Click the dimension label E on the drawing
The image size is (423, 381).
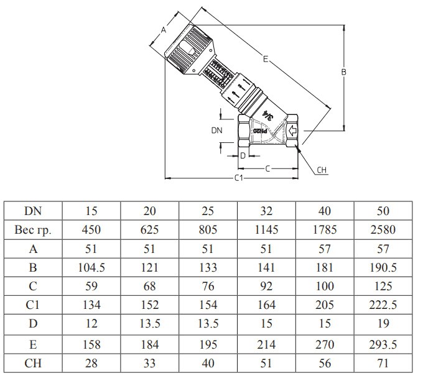click(x=265, y=60)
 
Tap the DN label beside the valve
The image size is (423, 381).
click(x=216, y=131)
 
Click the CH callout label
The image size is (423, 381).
click(x=322, y=170)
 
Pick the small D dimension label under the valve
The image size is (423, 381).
click(x=243, y=155)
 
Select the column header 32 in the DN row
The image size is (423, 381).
click(x=266, y=211)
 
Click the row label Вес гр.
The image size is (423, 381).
click(x=33, y=230)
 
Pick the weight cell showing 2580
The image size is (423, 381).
click(x=383, y=230)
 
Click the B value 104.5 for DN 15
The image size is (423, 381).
click(x=91, y=268)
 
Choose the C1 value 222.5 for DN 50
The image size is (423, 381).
click(x=383, y=305)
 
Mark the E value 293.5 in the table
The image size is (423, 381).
click(x=383, y=344)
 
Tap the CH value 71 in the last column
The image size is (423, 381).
click(x=383, y=363)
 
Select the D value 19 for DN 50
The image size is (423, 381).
click(x=383, y=324)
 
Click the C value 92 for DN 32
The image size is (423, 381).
click(x=266, y=287)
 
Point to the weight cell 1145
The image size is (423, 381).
click(x=266, y=230)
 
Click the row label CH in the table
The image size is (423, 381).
click(x=33, y=363)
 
